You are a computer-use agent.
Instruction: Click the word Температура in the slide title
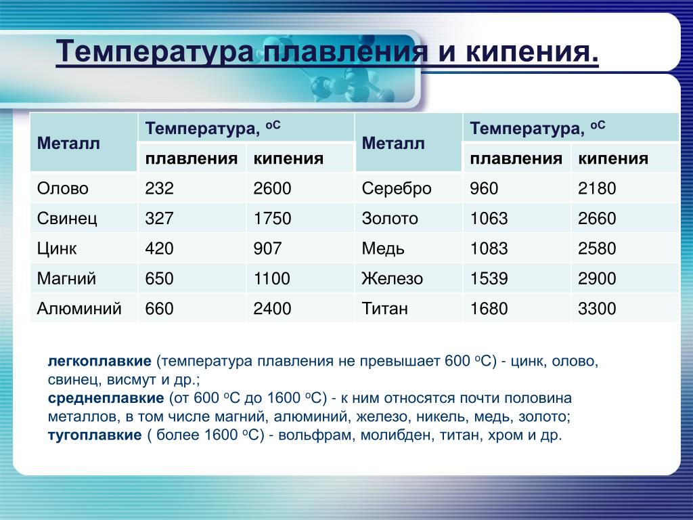point(155,51)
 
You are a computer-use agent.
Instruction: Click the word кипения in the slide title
point(532,51)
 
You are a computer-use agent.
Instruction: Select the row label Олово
point(63,188)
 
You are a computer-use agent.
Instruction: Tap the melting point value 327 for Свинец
point(159,219)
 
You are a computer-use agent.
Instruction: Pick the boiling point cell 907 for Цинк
point(267,248)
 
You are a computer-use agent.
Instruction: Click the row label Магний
point(66,278)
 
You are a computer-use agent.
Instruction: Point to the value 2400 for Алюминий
point(272,309)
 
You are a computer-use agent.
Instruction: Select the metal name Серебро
point(397,189)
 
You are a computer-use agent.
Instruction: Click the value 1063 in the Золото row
point(489,219)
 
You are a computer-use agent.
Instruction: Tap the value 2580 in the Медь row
point(597,248)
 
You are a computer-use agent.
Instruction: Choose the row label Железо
point(393,278)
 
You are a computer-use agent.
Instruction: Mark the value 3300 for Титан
point(597,309)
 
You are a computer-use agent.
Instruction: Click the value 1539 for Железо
point(489,278)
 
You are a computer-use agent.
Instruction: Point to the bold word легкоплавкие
point(99,361)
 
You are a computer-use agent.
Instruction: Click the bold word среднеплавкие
point(106,398)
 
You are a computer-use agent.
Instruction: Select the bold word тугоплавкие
point(95,435)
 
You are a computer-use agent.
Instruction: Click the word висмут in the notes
point(132,380)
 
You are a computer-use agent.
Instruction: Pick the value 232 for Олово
point(159,188)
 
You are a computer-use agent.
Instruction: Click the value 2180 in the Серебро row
point(597,188)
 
